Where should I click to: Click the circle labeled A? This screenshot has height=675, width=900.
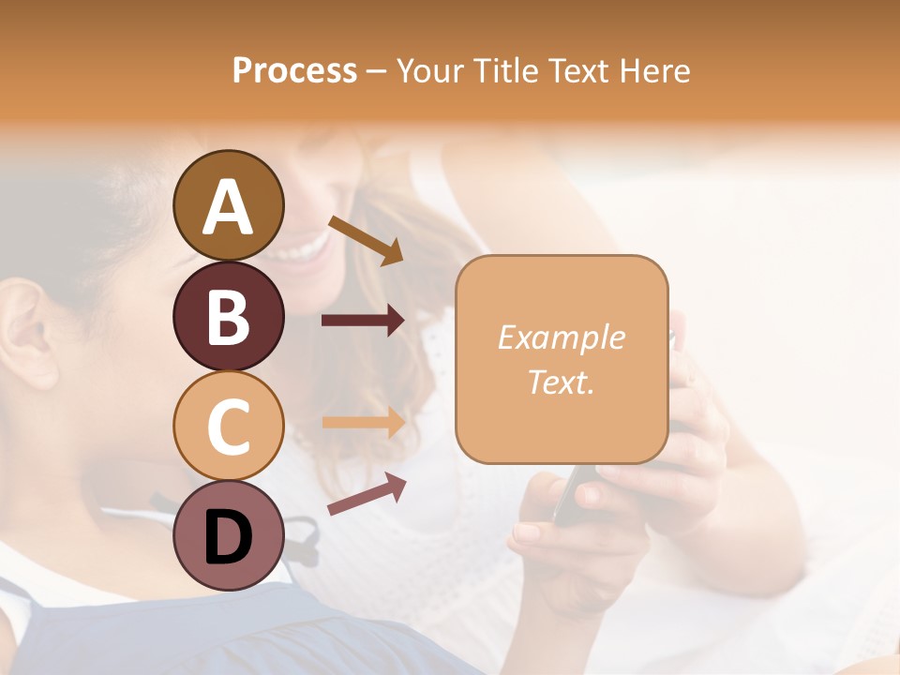pos(229,206)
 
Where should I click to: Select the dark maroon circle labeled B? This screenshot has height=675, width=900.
pos(229,317)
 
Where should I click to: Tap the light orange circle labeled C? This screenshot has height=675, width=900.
pos(229,426)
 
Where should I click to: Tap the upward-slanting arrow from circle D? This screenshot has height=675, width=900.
pos(367,494)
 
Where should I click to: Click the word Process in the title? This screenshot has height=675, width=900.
pos(294,70)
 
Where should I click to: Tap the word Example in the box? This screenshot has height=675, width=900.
pos(562,337)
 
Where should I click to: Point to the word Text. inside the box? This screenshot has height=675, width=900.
pos(562,382)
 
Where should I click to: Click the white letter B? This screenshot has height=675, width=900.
pos(229,317)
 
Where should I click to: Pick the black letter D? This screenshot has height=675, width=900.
pos(229,537)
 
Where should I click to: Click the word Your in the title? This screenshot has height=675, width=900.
pos(429,70)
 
